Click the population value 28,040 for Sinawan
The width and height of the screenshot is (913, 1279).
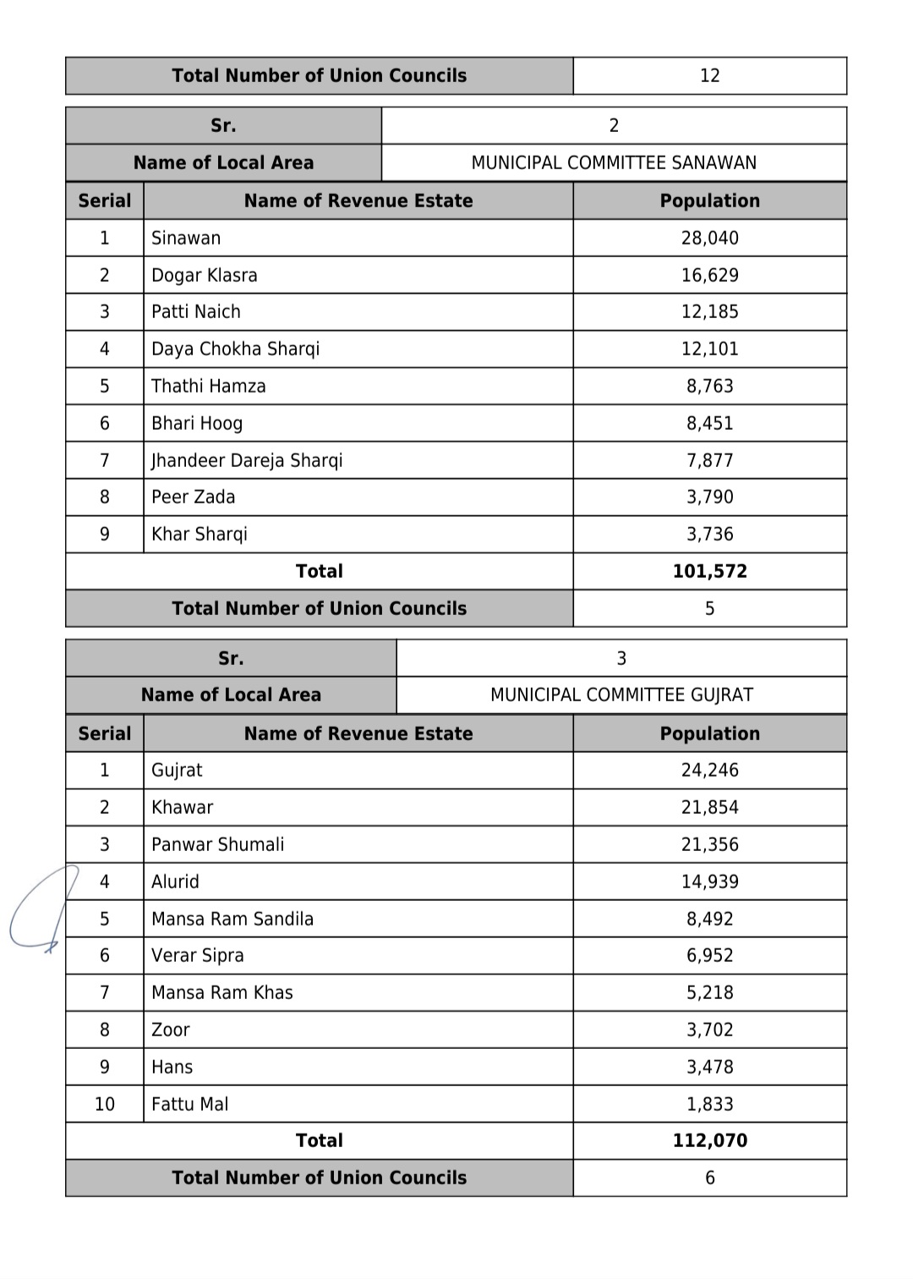pyautogui.click(x=709, y=238)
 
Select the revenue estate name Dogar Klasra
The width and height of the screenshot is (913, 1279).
pyautogui.click(x=204, y=275)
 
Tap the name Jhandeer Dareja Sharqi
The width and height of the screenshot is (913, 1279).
pyautogui.click(x=247, y=460)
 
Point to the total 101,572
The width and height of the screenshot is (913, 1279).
pyautogui.click(x=709, y=571)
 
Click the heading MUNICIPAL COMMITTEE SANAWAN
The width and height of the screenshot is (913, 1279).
pyautogui.click(x=614, y=162)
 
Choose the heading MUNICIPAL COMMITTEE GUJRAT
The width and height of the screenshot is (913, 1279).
pyautogui.click(x=621, y=694)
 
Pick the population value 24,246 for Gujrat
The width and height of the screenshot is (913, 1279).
pyautogui.click(x=709, y=770)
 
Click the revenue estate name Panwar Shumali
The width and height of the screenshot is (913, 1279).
pyautogui.click(x=217, y=844)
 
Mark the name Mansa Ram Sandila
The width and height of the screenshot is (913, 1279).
pyautogui.click(x=232, y=919)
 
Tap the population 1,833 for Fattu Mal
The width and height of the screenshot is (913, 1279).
pyautogui.click(x=709, y=1104)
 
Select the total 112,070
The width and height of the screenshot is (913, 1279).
pyautogui.click(x=709, y=1140)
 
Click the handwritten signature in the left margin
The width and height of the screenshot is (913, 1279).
pyautogui.click(x=42, y=909)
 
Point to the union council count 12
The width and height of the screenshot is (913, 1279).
pyautogui.click(x=709, y=75)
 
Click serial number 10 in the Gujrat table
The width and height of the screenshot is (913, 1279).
pyautogui.click(x=105, y=1104)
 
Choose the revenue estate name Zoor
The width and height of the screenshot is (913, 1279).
pyautogui.click(x=170, y=1029)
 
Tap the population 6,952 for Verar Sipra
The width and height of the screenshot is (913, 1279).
pyautogui.click(x=709, y=955)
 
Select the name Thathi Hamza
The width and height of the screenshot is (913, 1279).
pyautogui.click(x=208, y=386)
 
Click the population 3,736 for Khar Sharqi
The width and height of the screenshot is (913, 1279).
pyautogui.click(x=709, y=534)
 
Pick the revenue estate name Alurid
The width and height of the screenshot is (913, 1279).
pyautogui.click(x=175, y=881)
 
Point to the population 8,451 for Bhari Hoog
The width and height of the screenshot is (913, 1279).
pyautogui.click(x=709, y=423)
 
